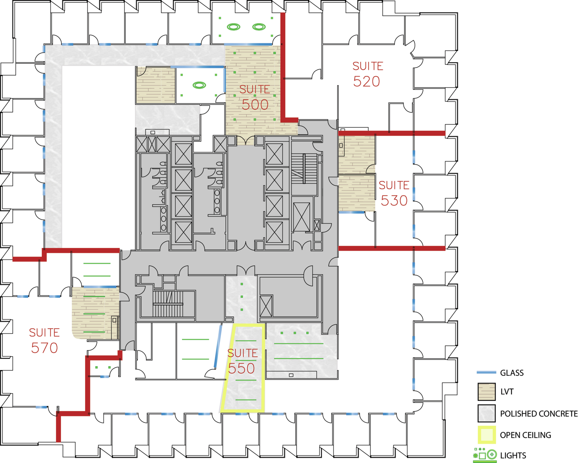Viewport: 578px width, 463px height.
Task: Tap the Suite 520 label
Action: point(367,74)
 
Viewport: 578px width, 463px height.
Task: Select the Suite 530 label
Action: point(394,193)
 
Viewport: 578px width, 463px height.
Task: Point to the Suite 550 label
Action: point(242,361)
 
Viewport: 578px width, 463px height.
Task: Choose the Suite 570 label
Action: point(44,340)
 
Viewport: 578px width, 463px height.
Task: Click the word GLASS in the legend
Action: point(512,373)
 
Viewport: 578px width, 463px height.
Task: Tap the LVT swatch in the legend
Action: point(486,392)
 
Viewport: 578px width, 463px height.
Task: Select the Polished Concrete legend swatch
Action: point(486,413)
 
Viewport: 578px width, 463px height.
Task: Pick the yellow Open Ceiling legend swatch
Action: point(486,435)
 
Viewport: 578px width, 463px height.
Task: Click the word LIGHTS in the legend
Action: point(513,455)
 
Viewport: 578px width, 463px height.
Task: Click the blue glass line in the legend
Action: point(486,372)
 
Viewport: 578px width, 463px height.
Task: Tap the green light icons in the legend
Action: point(485,455)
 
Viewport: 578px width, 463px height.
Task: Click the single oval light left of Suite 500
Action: point(199,85)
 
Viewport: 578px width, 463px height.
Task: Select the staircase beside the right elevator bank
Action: point(304,169)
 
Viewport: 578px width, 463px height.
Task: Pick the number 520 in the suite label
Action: point(366,81)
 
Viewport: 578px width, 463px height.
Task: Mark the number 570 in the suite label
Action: point(44,348)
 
